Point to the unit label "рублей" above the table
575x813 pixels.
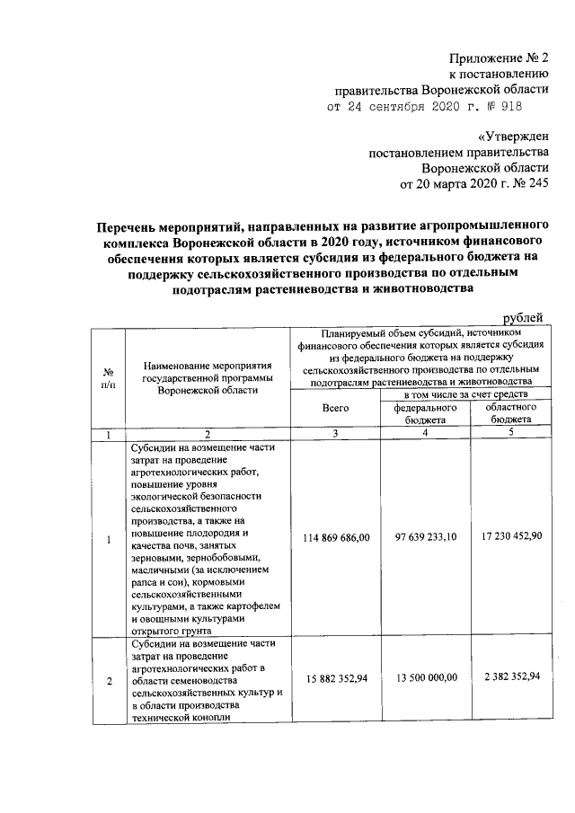(x=523, y=318)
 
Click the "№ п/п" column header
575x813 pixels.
(x=109, y=379)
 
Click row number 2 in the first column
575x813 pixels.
(x=109, y=682)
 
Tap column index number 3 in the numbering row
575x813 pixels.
(x=335, y=434)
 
